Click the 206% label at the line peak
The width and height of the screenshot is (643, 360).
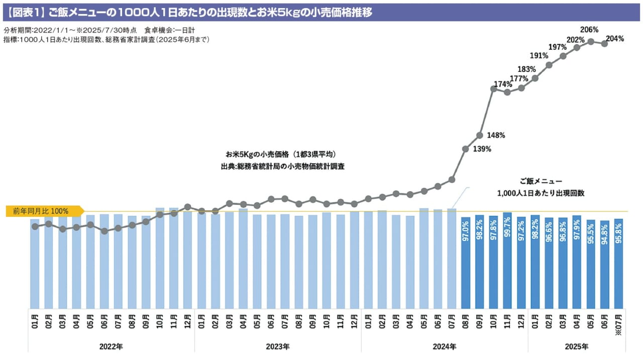click(589, 30)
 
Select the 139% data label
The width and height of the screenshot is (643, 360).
click(482, 149)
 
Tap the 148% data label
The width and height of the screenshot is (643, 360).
click(496, 135)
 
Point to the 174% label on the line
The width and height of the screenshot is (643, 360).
click(503, 84)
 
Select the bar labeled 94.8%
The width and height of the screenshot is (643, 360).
click(605, 264)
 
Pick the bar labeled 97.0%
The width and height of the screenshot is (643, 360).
click(466, 263)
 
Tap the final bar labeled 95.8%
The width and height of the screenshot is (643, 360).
click(618, 263)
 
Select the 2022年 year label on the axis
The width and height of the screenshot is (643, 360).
click(111, 346)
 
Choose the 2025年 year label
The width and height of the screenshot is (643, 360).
click(576, 346)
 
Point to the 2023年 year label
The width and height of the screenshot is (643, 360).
click(277, 346)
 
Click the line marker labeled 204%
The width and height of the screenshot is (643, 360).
click(605, 44)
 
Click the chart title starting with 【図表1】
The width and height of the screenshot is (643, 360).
click(191, 12)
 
